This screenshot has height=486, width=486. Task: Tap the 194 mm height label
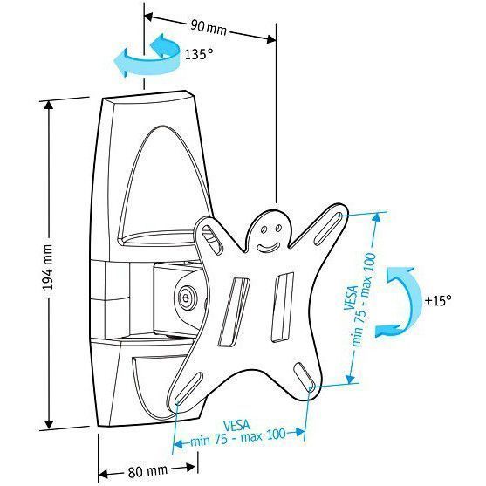tap(47, 268)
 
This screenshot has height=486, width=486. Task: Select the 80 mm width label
tap(147, 471)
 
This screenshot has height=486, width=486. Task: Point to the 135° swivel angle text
tap(199, 54)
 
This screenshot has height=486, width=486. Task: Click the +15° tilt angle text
tap(438, 300)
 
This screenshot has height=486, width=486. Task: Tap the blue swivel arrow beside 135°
tap(149, 58)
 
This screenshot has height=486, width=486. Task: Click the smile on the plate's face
tap(268, 249)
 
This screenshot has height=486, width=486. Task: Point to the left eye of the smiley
tap(264, 230)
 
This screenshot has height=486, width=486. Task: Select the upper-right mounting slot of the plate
tap(328, 228)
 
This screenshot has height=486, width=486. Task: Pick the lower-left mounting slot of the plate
tap(188, 387)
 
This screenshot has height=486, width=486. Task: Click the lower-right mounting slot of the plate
tap(304, 376)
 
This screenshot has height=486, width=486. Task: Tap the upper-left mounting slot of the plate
tap(213, 239)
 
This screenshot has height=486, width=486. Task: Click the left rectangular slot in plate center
tap(234, 311)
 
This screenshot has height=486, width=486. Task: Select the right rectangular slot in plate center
tap(283, 307)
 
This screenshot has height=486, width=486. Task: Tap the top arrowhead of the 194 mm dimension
tap(48, 106)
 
